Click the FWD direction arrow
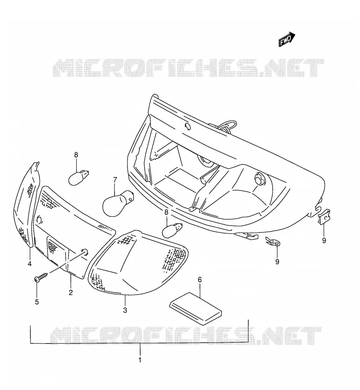pyautogui.click(x=287, y=39)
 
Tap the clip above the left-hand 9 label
pyautogui.click(x=273, y=241)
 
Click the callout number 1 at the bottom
pyautogui.click(x=140, y=360)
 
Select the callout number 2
pyautogui.click(x=70, y=292)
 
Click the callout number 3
pyautogui.click(x=125, y=310)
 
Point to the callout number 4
pyautogui.click(x=30, y=264)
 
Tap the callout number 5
pyautogui.click(x=37, y=302)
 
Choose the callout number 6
pyautogui.click(x=200, y=280)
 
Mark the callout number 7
pyautogui.click(x=115, y=179)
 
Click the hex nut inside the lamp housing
pyautogui.click(x=259, y=179)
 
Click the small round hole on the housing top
pyautogui.click(x=188, y=126)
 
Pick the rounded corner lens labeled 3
pyautogui.click(x=138, y=263)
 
